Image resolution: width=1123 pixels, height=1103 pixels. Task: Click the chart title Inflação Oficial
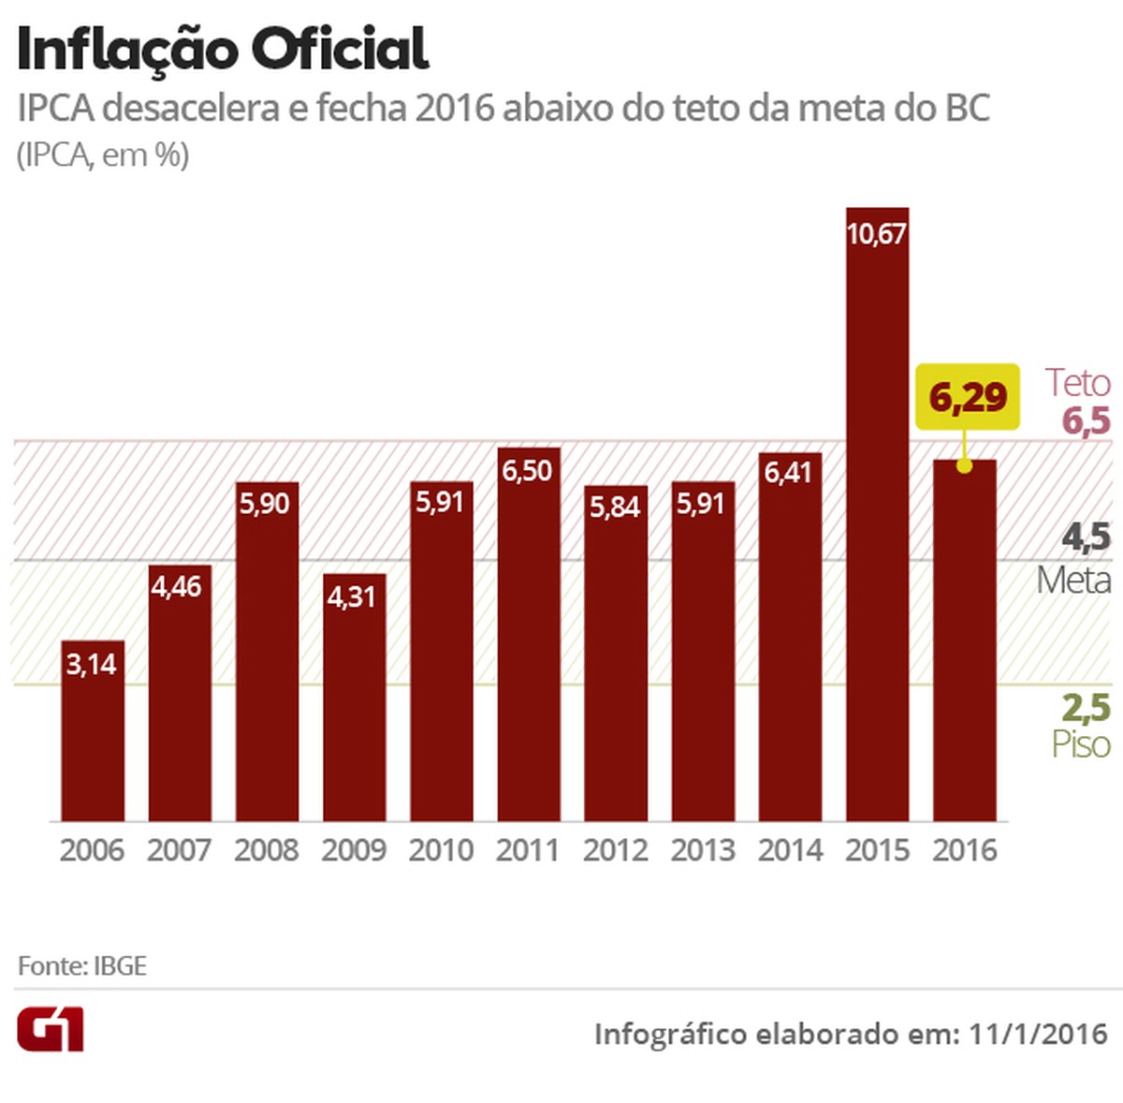pos(223,49)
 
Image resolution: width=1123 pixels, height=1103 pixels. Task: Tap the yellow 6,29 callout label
pos(968,397)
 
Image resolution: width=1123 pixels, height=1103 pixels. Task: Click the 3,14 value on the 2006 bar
pos(92,664)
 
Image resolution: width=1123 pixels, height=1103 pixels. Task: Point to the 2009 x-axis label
pos(354,850)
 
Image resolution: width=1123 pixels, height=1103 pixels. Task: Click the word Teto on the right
pos(1077,382)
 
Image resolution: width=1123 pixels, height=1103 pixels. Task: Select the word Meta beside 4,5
pos(1073,581)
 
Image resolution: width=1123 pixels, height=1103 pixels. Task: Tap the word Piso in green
pos(1080,744)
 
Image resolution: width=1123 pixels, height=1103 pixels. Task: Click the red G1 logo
pos(51,1030)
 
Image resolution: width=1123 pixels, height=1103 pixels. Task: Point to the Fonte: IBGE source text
pos(82,966)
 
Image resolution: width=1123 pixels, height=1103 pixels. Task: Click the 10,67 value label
pos(877,233)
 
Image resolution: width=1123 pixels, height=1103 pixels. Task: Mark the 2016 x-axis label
pos(965,850)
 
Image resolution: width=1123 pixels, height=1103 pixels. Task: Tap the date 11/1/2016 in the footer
pos(1038,1035)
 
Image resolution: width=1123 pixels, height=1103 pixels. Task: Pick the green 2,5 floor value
pos(1086,707)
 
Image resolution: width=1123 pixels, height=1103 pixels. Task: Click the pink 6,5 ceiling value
pos(1086,421)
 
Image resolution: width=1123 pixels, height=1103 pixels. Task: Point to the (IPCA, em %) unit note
pos(103,154)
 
